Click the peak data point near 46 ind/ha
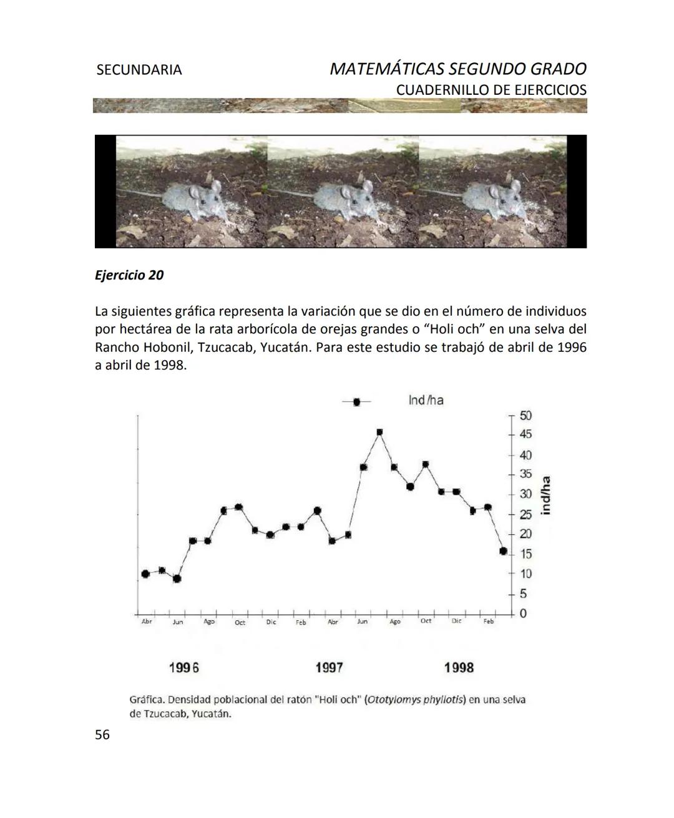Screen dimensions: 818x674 pyautogui.click(x=379, y=432)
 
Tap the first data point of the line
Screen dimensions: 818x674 pyautogui.click(x=145, y=574)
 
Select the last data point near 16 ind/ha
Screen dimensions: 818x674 pyautogui.click(x=503, y=551)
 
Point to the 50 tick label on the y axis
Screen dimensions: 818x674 pyautogui.click(x=525, y=416)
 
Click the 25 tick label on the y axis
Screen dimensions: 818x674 pyautogui.click(x=525, y=515)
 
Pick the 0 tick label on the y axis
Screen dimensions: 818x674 pyautogui.click(x=523, y=614)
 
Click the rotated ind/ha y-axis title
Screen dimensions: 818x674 pyautogui.click(x=546, y=495)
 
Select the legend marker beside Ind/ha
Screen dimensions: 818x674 pyautogui.click(x=356, y=402)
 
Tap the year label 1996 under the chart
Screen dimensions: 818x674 pyautogui.click(x=184, y=668)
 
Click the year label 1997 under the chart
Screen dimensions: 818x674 pyautogui.click(x=329, y=668)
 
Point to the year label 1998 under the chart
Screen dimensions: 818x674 pyautogui.click(x=459, y=668)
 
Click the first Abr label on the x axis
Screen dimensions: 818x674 pyautogui.click(x=147, y=622)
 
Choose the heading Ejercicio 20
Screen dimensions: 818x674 pyautogui.click(x=129, y=275)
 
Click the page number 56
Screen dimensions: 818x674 pyautogui.click(x=102, y=735)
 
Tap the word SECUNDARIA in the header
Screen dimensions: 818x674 pyautogui.click(x=139, y=70)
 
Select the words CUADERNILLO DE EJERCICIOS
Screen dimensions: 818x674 pyautogui.click(x=491, y=90)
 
